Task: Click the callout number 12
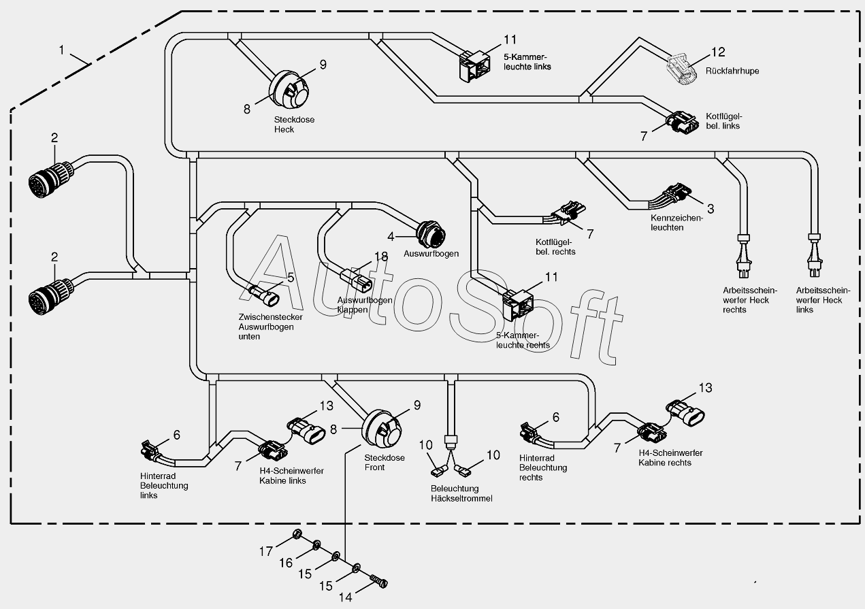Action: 718,52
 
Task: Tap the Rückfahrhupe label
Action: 732,71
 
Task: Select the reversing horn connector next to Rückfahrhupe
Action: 681,69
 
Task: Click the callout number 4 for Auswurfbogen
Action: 391,237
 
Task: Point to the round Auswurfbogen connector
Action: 431,234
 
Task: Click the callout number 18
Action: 381,257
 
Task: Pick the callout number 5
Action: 291,277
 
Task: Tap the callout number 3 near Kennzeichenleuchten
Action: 711,209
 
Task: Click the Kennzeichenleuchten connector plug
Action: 677,193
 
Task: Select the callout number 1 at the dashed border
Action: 61,50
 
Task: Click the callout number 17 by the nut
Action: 265,551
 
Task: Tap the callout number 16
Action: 286,563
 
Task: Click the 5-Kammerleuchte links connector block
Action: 474,67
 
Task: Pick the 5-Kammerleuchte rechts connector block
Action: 518,305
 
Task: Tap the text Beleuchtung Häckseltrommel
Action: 461,494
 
